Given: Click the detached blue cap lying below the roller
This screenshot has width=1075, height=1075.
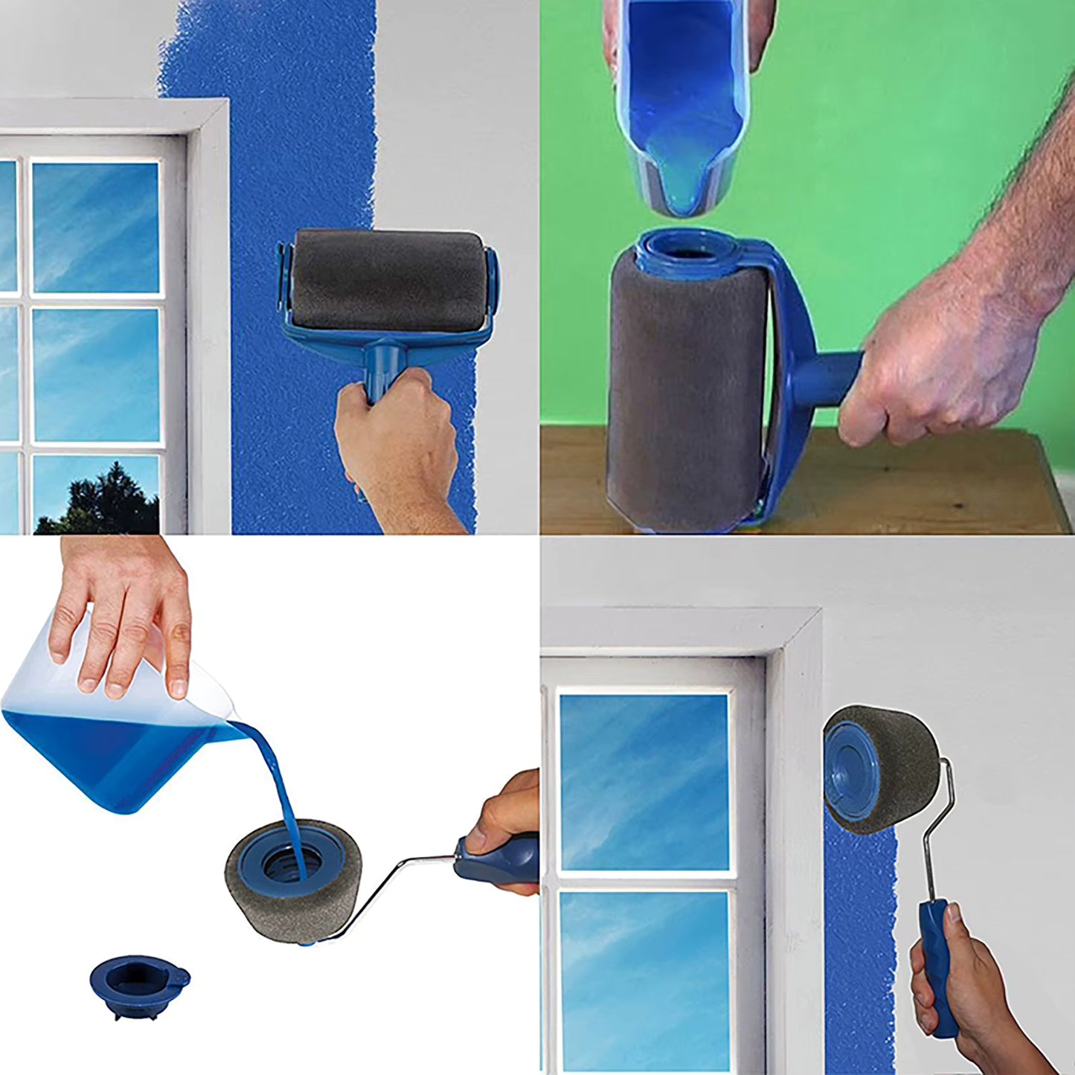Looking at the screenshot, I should (139, 984).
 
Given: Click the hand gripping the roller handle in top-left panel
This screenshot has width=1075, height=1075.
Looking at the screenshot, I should (398, 446).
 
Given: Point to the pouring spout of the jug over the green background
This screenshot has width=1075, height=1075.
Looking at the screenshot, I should (681, 197).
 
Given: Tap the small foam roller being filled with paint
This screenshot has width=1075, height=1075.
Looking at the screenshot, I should (294, 882).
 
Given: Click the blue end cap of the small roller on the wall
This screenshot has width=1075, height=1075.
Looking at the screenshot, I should (852, 766).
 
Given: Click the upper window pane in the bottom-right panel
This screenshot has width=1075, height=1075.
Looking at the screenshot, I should (644, 781).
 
